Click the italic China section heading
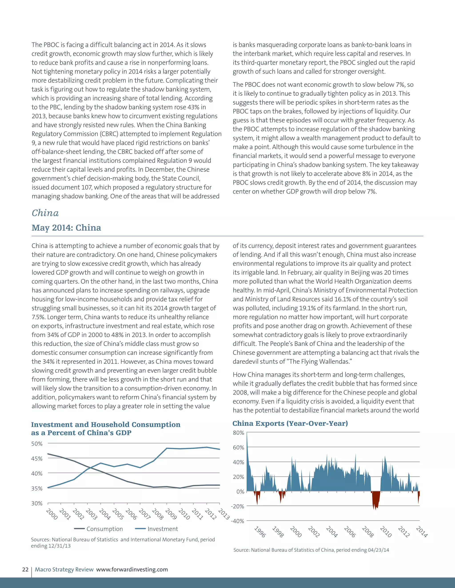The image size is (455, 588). coord(45,213)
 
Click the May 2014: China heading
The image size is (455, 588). coord(66,228)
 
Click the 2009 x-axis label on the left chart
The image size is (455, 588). coord(171,514)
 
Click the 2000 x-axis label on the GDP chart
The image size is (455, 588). coord(52,514)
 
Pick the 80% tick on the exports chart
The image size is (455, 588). coord(238,433)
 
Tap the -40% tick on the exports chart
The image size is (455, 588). coord(237,521)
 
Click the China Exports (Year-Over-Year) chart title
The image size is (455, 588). coord(290,424)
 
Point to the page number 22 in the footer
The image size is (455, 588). coord(25,569)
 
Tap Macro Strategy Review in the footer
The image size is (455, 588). coord(64,569)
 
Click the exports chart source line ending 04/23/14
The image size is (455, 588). coord(311,550)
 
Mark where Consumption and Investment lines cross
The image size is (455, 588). coord(90,468)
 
